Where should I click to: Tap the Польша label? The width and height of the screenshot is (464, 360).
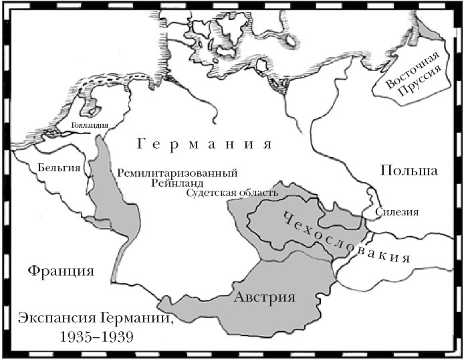pos(409,170)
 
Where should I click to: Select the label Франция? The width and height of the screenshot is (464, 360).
pos(60,271)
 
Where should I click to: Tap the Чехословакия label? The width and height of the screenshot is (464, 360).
pos(342,240)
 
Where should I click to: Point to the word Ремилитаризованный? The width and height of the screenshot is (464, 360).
pos(177,172)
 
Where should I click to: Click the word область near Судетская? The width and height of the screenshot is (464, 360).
pos(257,194)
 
